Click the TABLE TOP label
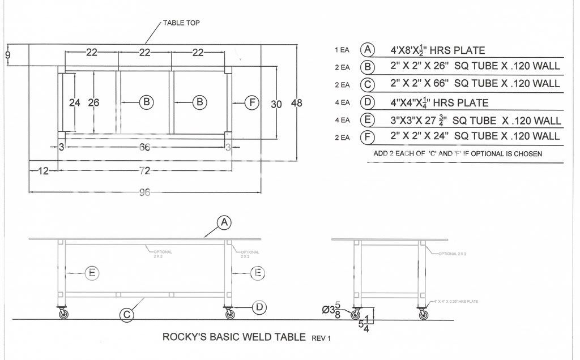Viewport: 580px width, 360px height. click(x=181, y=23)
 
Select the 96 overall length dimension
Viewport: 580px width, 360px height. click(x=145, y=192)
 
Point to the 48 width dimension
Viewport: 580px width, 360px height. click(x=296, y=103)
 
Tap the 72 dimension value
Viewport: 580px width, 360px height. click(x=145, y=170)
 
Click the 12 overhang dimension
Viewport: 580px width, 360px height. click(x=44, y=170)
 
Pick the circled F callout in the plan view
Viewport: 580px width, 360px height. click(x=252, y=102)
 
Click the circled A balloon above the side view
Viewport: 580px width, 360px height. click(x=224, y=223)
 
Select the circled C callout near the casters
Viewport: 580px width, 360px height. click(x=128, y=315)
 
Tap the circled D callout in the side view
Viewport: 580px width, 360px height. click(x=259, y=307)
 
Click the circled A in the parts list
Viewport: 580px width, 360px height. click(x=369, y=50)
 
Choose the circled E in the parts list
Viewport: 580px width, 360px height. click(x=369, y=120)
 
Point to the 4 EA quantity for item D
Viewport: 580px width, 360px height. click(x=342, y=102)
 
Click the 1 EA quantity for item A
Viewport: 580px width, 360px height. click(x=342, y=50)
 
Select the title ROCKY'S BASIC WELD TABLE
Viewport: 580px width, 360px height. click(x=234, y=337)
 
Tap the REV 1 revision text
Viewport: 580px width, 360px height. click(x=321, y=338)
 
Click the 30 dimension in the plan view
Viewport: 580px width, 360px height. click(x=276, y=104)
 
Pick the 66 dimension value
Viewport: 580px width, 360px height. click(x=145, y=148)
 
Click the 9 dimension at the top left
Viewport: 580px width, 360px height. click(x=7, y=55)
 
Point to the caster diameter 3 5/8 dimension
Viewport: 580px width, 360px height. click(x=332, y=310)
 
